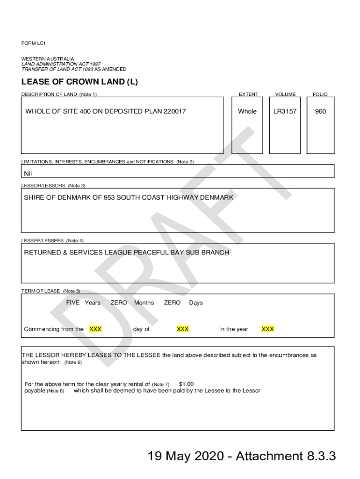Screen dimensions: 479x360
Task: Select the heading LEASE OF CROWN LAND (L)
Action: point(79,82)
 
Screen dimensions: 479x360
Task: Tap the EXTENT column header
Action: point(248,94)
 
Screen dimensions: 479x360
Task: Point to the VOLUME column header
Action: point(285,94)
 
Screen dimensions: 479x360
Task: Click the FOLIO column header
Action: point(320,94)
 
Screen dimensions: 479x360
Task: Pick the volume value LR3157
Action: point(285,111)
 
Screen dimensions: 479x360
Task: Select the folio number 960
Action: point(320,111)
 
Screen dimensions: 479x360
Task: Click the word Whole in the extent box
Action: point(247,111)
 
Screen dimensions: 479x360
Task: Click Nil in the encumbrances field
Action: point(28,174)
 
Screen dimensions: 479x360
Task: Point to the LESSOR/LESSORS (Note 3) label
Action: point(53,186)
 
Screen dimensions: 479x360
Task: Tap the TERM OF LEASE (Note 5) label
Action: point(50,291)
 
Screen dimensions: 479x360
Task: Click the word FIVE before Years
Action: point(73,303)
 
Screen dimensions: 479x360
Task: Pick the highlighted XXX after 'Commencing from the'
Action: point(95,329)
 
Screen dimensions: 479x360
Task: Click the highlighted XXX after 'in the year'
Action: point(268,329)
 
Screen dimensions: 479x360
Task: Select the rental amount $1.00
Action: point(186,384)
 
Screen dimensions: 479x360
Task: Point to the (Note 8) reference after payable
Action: point(56,391)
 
